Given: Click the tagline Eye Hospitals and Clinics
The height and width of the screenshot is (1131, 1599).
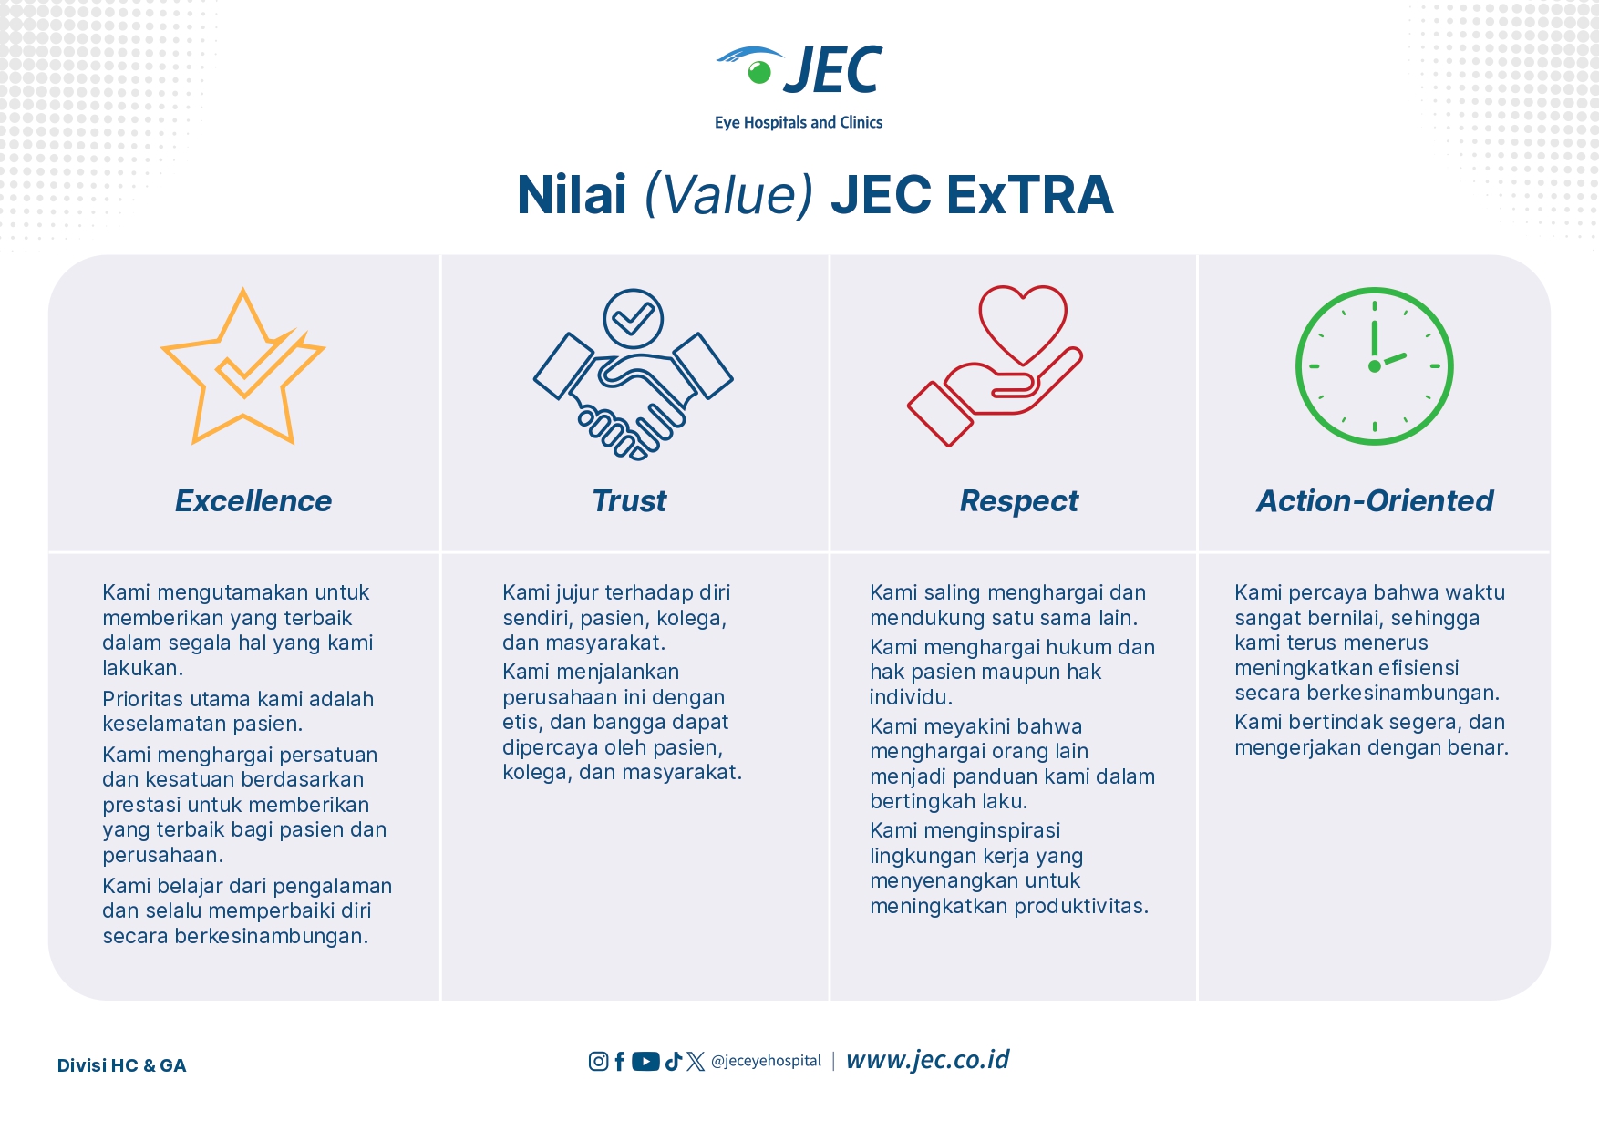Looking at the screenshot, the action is click(x=799, y=122).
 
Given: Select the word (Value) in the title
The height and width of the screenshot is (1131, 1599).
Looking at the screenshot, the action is click(x=728, y=195).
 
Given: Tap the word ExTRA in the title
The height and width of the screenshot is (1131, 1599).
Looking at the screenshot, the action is click(x=1030, y=195).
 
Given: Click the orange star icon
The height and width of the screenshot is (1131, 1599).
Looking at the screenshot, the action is click(x=243, y=366).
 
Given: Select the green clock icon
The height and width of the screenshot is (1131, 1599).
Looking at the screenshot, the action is click(x=1374, y=366).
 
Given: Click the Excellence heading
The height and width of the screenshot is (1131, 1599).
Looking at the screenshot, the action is click(x=253, y=500).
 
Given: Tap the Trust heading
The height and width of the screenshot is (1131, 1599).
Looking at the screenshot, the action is click(x=629, y=500).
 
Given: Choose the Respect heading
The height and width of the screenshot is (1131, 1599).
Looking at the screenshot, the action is click(x=1018, y=501).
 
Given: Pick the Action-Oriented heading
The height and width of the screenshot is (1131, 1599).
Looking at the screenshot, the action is click(x=1375, y=500).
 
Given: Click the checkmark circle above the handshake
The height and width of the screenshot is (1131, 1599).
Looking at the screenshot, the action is click(x=633, y=318).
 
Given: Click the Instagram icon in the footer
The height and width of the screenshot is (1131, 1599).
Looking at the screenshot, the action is click(x=598, y=1061).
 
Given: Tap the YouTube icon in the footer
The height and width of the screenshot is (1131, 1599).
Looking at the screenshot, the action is click(x=645, y=1061).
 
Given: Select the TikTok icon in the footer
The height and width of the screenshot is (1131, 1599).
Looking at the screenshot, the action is click(x=674, y=1061).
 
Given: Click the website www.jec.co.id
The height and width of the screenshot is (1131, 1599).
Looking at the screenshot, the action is click(x=927, y=1060).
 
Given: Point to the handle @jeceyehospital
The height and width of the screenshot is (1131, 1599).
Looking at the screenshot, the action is click(x=766, y=1061).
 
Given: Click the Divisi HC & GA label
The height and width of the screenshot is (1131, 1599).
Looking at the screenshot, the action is click(x=121, y=1065).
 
